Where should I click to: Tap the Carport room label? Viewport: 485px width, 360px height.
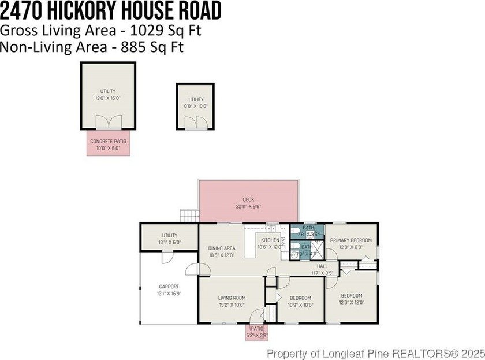[169, 287]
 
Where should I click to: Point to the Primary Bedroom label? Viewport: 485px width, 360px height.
[351, 240]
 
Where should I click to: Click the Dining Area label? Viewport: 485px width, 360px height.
[221, 248]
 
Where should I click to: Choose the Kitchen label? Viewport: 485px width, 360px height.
[270, 240]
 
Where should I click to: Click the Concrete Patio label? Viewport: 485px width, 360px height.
[108, 141]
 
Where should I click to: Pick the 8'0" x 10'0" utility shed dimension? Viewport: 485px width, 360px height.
[196, 106]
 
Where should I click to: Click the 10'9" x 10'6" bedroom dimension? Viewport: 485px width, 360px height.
[300, 305]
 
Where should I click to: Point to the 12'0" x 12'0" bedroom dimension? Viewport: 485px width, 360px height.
[351, 302]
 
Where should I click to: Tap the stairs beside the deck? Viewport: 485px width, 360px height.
[189, 216]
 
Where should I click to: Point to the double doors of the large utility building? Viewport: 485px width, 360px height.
[108, 122]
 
